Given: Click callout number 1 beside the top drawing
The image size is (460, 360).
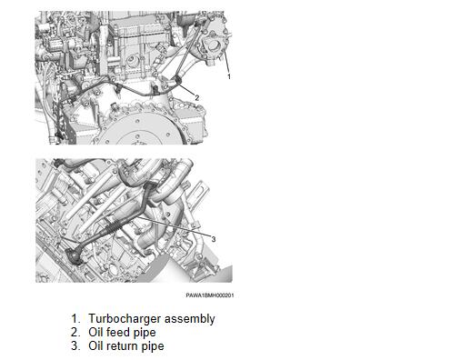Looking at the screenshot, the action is [x=229, y=76].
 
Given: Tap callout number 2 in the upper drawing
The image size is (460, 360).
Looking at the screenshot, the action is [x=197, y=98].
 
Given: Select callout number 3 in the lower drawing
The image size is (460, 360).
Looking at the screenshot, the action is [x=214, y=239].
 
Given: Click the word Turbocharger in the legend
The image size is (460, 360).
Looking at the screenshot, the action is [x=125, y=319].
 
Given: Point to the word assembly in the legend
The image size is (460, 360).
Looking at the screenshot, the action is [x=189, y=319].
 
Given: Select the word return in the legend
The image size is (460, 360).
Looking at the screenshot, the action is [x=122, y=345].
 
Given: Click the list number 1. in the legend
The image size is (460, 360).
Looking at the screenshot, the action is [x=75, y=318].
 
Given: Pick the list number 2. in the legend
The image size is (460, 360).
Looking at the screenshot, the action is [x=75, y=332].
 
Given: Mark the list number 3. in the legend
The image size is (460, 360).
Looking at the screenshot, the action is [x=75, y=345].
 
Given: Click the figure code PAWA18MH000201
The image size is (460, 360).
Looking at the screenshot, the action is [x=210, y=295].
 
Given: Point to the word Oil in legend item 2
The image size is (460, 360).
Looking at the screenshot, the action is [x=95, y=332].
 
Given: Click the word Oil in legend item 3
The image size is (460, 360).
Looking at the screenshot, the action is [x=95, y=345].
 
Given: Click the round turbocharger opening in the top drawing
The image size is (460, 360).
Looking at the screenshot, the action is [x=214, y=46].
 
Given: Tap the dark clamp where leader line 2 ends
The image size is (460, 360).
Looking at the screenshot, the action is [x=177, y=80].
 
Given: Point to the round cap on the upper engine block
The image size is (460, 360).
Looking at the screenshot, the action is [x=133, y=62].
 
